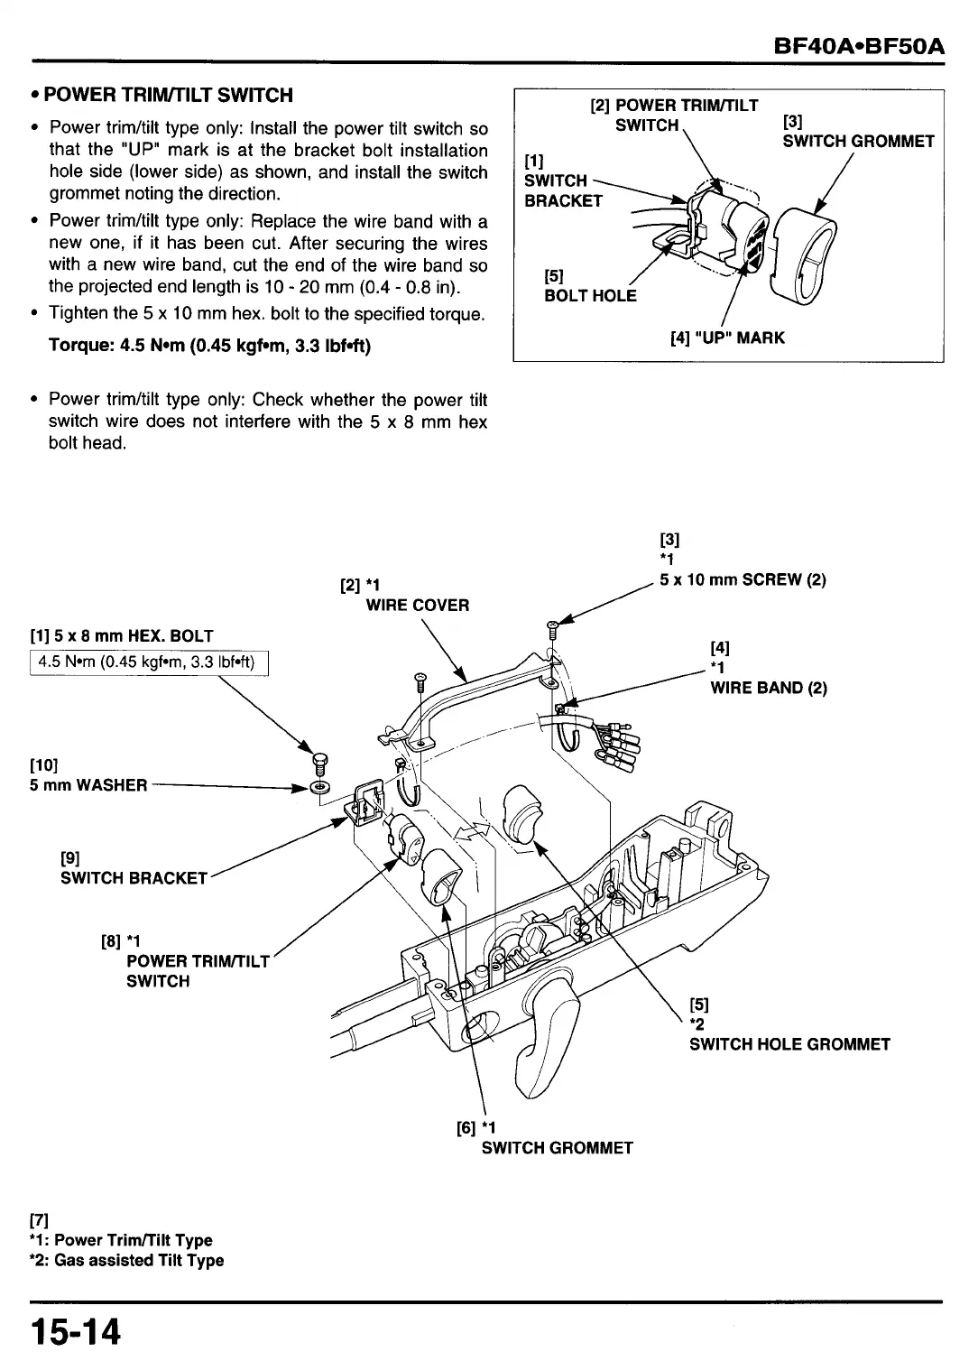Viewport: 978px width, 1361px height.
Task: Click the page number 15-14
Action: coord(76,1331)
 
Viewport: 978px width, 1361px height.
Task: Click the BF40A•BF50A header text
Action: coord(857,44)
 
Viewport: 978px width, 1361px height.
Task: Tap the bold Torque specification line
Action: coord(209,346)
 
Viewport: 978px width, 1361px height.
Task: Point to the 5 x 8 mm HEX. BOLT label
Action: coord(122,636)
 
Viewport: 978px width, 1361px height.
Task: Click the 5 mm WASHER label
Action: coord(88,784)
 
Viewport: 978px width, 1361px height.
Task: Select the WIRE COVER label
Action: coord(417,605)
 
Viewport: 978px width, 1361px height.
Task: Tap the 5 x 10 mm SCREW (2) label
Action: coord(743,580)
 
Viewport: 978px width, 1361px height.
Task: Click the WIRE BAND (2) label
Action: coord(769,688)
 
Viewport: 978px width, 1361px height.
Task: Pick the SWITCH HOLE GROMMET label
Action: coord(789,1044)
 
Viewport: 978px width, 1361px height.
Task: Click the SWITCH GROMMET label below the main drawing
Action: coord(557,1148)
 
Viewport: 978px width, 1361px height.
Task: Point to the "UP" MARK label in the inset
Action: coord(727,338)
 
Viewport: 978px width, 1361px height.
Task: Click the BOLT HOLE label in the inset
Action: coord(590,296)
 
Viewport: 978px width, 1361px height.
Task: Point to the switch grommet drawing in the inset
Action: coord(807,252)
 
